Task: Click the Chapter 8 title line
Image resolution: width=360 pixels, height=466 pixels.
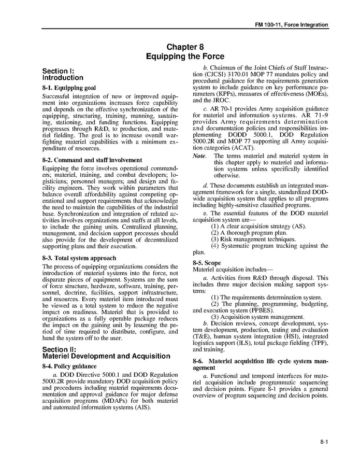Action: [185, 47]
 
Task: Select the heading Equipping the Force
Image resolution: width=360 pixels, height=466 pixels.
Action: [185, 56]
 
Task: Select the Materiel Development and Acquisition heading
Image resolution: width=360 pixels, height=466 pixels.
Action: [106, 356]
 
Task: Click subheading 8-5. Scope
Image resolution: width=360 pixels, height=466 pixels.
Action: [206, 263]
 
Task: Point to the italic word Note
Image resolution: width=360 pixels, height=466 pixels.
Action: [199, 156]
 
